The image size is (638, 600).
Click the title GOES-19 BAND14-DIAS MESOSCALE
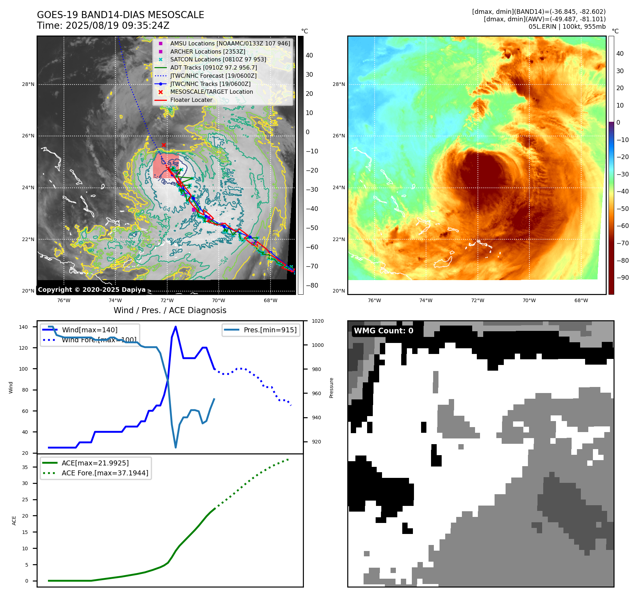tap(120, 15)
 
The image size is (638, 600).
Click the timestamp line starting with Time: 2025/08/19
tap(103, 26)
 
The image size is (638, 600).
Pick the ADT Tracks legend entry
tap(213, 67)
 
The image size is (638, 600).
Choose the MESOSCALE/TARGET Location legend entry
tap(211, 92)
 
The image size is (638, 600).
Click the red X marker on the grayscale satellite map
tap(164, 145)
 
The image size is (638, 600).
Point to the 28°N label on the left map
tap(28, 84)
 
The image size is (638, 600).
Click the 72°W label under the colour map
tap(478, 300)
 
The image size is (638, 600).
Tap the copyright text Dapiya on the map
tap(92, 290)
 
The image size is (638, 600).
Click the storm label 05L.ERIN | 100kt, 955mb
tap(567, 27)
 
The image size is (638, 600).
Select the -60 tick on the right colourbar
tap(622, 226)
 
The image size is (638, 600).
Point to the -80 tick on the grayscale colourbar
tap(312, 285)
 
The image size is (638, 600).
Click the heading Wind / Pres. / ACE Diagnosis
tap(170, 310)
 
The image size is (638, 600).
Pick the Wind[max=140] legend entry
tap(89, 330)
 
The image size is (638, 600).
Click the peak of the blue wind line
tap(176, 327)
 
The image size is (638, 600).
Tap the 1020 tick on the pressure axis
tap(317, 321)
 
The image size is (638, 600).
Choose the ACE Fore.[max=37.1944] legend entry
tap(105, 473)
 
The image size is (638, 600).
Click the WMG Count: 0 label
tap(383, 331)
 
